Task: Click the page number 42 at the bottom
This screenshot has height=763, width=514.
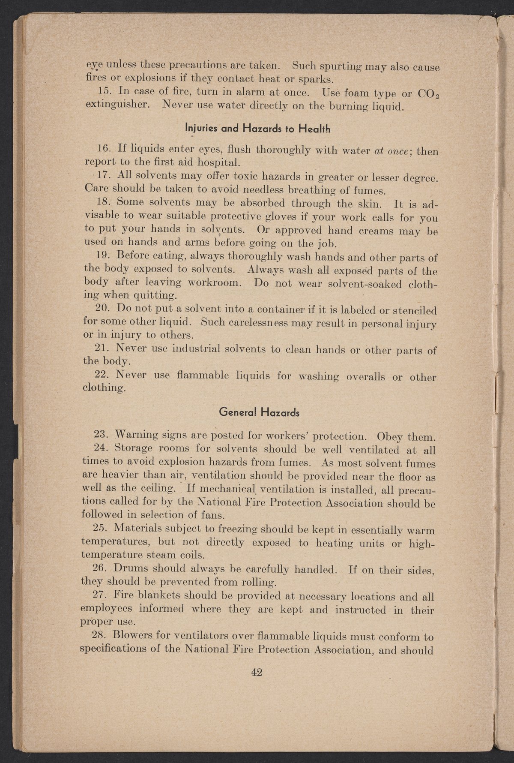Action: pyautogui.click(x=257, y=673)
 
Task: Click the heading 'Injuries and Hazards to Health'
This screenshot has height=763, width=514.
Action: pyautogui.click(x=258, y=128)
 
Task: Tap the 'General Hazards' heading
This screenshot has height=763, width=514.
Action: pyautogui.click(x=259, y=412)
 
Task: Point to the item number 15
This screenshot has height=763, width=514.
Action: pyautogui.click(x=104, y=91)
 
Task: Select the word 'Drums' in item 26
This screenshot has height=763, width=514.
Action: pyautogui.click(x=133, y=569)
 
